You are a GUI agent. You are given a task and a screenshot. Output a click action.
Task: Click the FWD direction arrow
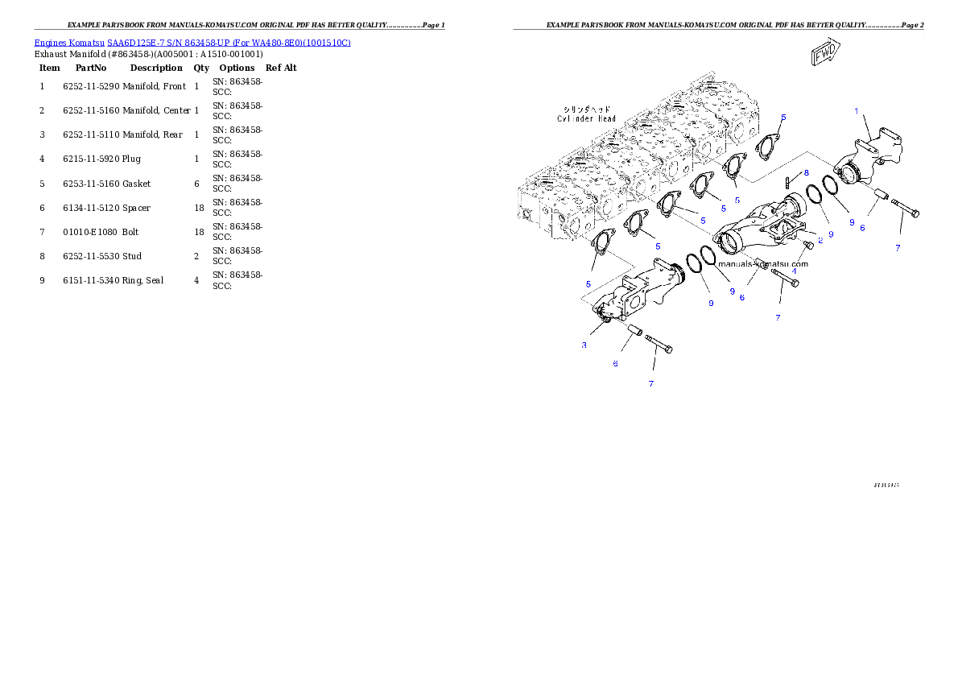(x=825, y=54)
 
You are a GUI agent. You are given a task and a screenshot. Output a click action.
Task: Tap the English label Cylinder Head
(x=587, y=119)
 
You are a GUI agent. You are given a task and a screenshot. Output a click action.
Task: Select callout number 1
(x=857, y=110)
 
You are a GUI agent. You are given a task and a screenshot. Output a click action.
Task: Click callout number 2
(x=820, y=240)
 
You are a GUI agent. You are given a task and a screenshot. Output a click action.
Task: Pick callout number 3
(x=584, y=345)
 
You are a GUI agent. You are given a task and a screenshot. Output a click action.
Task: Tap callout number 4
(x=794, y=271)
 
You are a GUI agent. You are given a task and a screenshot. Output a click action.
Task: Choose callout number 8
(x=806, y=172)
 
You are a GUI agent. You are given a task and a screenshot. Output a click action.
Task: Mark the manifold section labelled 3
(x=636, y=294)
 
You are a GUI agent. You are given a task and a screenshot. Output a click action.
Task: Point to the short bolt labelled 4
(x=807, y=245)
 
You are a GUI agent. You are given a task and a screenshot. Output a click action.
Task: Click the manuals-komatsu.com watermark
(x=762, y=263)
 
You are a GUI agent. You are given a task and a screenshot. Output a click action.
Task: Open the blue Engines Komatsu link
(x=192, y=42)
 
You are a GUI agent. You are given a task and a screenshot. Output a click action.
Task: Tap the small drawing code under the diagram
(x=886, y=486)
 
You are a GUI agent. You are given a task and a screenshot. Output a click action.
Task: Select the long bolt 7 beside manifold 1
(x=906, y=211)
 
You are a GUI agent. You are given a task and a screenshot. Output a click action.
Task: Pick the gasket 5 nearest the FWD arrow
(x=770, y=147)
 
